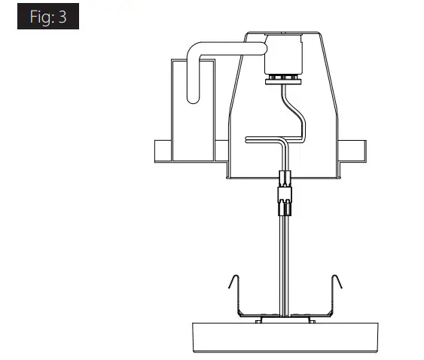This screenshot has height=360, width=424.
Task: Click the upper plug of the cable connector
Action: [285, 179]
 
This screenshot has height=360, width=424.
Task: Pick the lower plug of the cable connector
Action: [285, 200]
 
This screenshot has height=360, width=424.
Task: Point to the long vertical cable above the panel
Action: [285, 256]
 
